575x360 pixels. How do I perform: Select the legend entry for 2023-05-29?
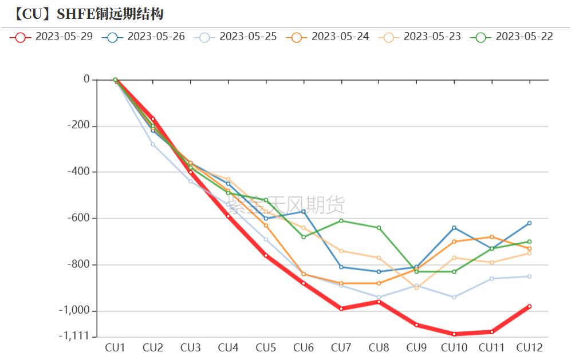pos(52,37)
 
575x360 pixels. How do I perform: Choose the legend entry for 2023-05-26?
pos(144,37)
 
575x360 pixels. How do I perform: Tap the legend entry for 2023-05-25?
pos(236,37)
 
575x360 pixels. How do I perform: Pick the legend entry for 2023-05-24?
pos(328,37)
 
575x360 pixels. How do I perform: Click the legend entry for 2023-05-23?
pos(420,37)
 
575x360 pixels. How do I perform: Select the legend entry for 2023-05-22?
pos(512,37)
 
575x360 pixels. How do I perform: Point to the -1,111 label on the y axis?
pos(74,336)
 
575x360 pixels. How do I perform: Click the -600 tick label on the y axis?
pos(78,218)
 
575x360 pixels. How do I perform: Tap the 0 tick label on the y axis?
pos(86,80)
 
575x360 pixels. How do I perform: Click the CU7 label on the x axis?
pos(341,347)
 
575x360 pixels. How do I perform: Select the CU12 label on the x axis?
pos(529,347)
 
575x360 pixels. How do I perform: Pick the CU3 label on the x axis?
pos(190,347)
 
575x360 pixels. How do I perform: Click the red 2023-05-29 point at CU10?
pos(454,334)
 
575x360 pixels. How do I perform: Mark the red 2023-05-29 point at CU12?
pos(529,306)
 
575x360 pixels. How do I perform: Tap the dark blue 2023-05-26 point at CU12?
pos(529,223)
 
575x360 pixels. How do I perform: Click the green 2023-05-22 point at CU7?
pos(341,220)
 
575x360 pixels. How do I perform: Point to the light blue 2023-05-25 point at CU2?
pos(153,144)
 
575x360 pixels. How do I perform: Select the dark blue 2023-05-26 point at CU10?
pos(454,228)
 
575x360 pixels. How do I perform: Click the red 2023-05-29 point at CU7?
pos(341,308)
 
